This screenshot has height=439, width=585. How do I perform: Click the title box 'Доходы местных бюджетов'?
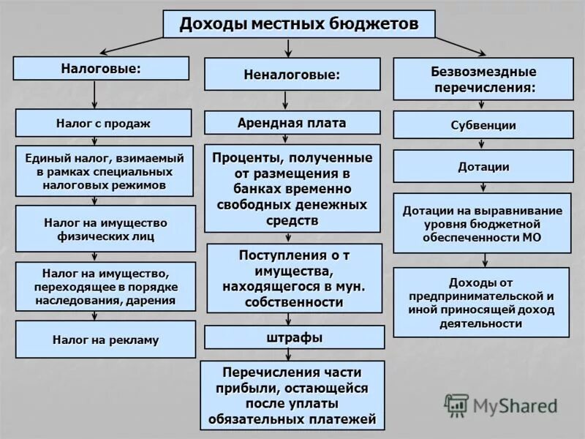click(x=298, y=24)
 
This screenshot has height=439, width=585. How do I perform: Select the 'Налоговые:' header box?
click(x=101, y=68)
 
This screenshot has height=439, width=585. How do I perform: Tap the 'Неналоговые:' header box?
click(x=292, y=74)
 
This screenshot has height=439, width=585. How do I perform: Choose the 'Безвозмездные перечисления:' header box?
click(x=483, y=79)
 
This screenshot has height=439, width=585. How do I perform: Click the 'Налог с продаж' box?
click(x=103, y=123)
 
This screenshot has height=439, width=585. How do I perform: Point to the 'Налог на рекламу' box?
click(x=105, y=339)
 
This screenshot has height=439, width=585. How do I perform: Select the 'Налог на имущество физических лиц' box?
click(x=105, y=229)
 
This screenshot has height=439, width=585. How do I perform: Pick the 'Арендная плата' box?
click(x=292, y=122)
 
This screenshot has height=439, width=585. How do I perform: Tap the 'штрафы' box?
click(x=294, y=337)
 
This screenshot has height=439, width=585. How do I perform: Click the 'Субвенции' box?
click(x=483, y=124)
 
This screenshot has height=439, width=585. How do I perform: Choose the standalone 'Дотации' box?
click(x=483, y=166)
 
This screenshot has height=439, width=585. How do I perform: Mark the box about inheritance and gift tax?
click(x=105, y=286)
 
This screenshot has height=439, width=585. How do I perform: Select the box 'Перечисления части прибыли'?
click(x=292, y=394)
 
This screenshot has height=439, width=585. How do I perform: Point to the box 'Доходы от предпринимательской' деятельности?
click(x=481, y=302)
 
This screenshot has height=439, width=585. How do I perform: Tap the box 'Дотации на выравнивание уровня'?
click(x=483, y=223)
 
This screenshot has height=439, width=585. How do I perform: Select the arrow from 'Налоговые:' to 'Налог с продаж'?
click(x=95, y=94)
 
